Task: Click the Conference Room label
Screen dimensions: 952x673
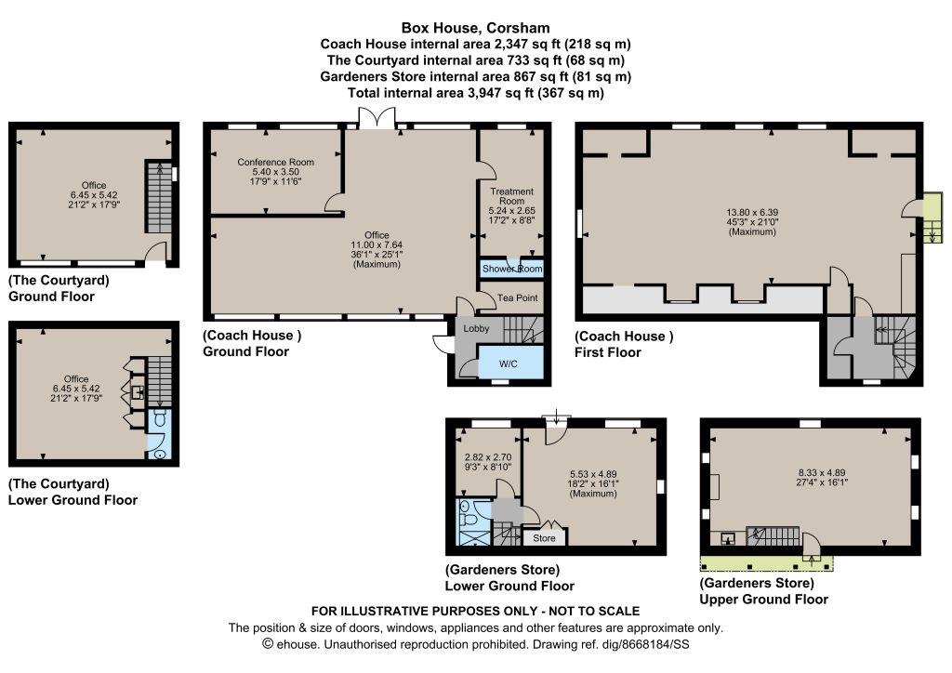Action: (x=275, y=162)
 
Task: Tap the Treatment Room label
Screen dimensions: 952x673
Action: (x=512, y=196)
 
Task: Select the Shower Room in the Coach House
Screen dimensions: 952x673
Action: (x=512, y=269)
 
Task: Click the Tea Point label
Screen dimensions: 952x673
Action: (x=517, y=297)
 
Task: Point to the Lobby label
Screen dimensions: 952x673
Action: (x=476, y=328)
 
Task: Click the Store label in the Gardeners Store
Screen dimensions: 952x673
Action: (x=544, y=537)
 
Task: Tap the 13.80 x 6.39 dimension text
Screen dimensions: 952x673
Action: (x=752, y=212)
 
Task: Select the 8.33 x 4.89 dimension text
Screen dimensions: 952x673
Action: (x=822, y=473)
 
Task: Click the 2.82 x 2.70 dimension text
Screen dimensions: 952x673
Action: (x=487, y=457)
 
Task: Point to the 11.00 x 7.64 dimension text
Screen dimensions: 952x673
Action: (x=377, y=244)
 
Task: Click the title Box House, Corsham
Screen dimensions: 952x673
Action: (x=475, y=28)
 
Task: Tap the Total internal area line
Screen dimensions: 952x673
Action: (x=475, y=93)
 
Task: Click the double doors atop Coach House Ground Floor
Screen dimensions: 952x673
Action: (x=377, y=118)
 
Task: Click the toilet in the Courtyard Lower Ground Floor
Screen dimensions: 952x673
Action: (x=160, y=418)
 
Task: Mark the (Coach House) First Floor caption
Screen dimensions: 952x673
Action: (x=624, y=344)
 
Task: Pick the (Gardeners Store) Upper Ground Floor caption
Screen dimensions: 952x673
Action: (x=764, y=591)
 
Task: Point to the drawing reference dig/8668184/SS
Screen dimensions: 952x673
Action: (x=646, y=644)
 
